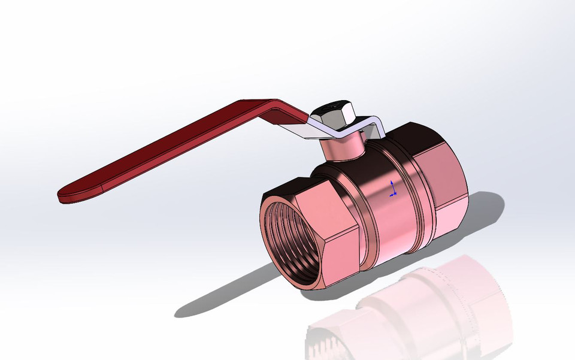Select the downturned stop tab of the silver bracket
(x=378, y=128)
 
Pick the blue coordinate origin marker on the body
(x=392, y=190)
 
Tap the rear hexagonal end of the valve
(x=446, y=180)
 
